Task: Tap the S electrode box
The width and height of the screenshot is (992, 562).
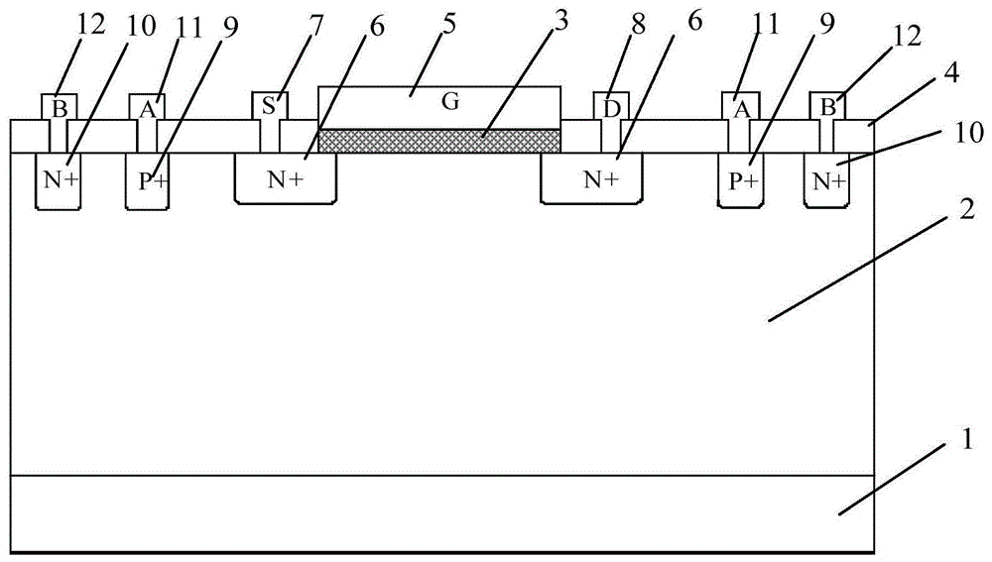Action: [269, 105]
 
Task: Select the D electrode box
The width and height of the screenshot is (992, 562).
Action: [606, 105]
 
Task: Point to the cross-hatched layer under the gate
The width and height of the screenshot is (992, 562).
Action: [438, 141]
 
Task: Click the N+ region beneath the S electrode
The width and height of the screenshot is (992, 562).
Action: [284, 179]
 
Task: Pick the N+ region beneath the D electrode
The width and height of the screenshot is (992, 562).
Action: [590, 179]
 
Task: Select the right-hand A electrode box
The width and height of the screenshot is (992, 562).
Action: [739, 106]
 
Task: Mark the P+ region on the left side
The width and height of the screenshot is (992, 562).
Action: [148, 180]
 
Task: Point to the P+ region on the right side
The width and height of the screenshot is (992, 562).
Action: [741, 180]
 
